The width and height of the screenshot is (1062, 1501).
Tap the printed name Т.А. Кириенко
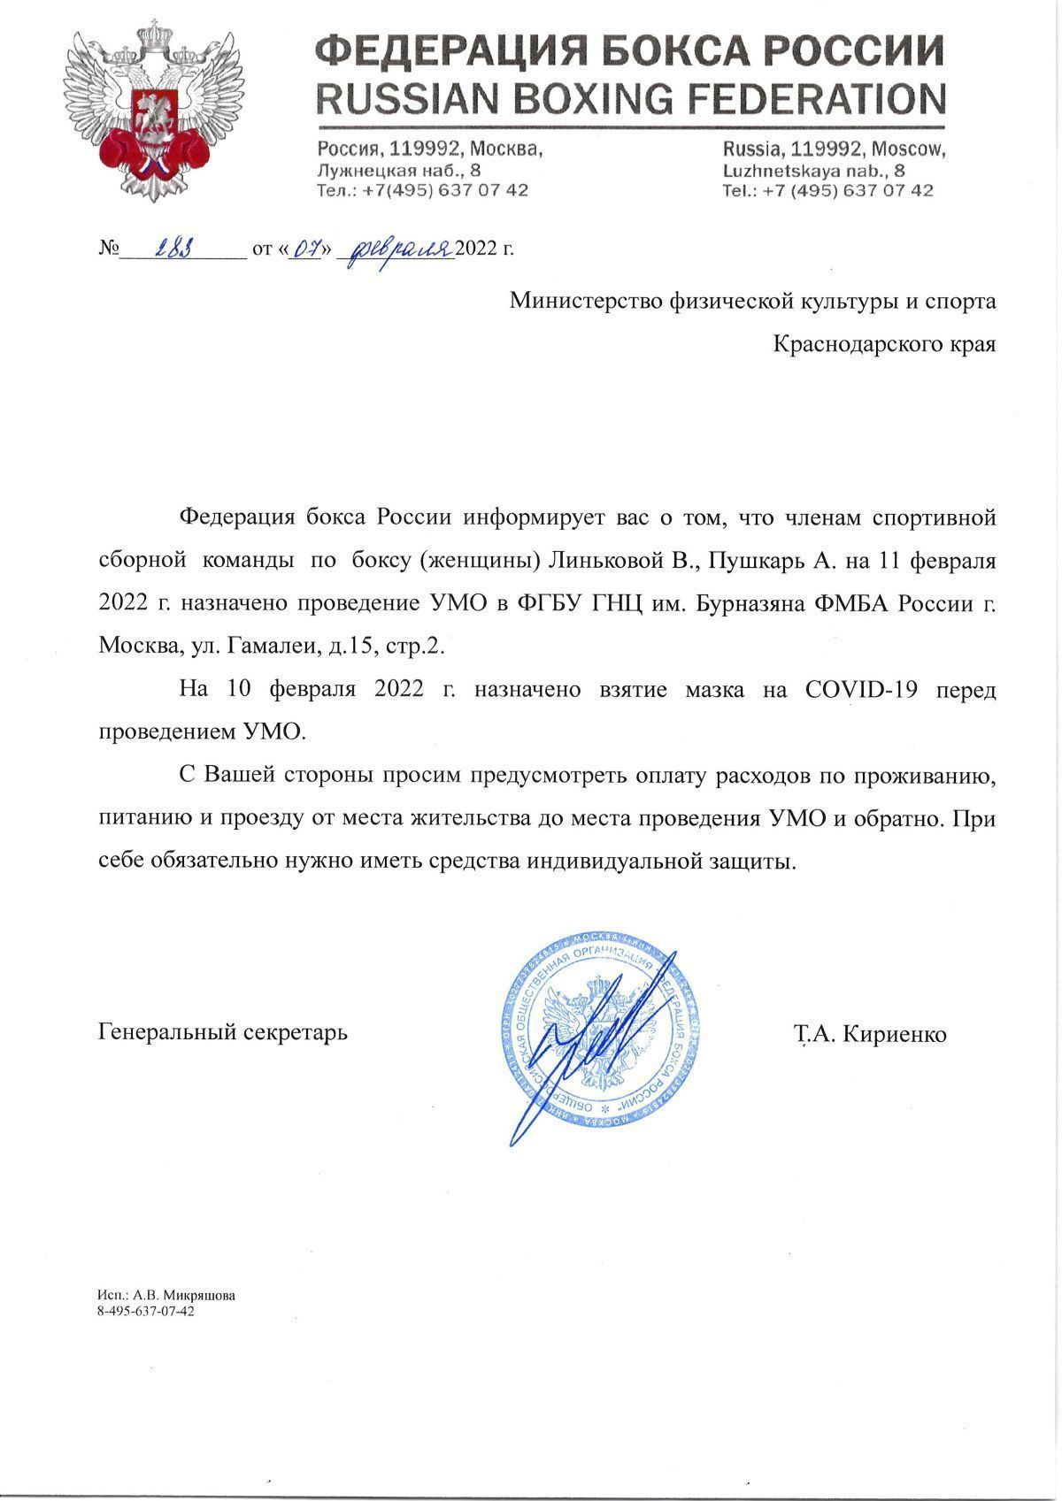(x=870, y=1033)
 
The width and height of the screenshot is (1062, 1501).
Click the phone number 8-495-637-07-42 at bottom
(x=146, y=1311)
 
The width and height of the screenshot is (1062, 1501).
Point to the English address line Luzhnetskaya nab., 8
(x=813, y=171)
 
